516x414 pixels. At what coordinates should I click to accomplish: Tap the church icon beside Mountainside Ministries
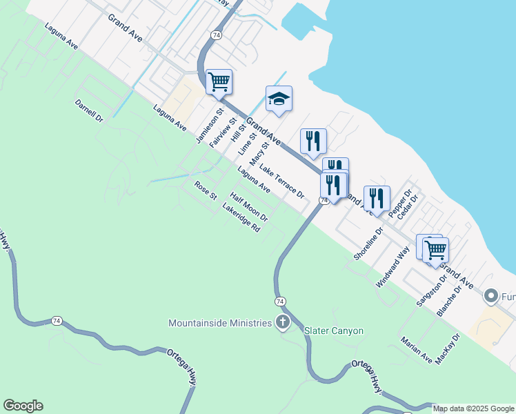282,322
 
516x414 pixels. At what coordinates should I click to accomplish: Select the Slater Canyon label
334,331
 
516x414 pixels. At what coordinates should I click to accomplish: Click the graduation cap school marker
279,99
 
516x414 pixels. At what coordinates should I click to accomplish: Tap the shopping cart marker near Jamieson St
219,82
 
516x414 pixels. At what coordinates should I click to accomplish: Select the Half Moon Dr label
248,206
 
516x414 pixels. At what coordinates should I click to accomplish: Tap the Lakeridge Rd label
241,217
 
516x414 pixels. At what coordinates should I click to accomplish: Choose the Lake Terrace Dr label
281,181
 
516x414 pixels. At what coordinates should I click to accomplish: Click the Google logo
23,406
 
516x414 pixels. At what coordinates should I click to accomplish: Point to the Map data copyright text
474,408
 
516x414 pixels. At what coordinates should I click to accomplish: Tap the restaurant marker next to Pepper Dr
377,199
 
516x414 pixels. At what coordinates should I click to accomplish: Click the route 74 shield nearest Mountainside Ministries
280,302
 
